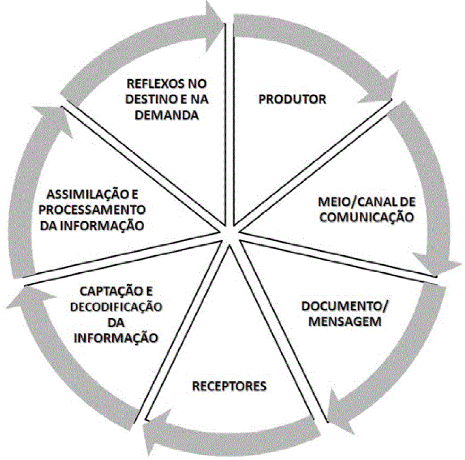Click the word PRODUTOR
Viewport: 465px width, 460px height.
[292, 100]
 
